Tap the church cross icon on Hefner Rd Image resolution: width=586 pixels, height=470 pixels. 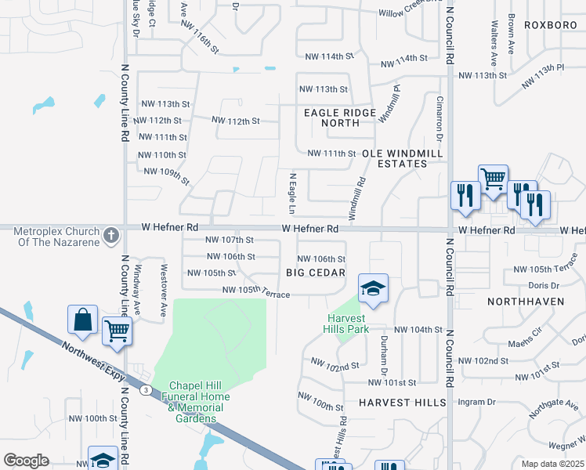[111, 233]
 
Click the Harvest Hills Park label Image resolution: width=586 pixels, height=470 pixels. [348, 324]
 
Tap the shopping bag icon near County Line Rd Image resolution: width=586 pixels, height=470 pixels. [82, 320]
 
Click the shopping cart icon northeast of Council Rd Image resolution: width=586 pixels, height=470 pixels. [493, 179]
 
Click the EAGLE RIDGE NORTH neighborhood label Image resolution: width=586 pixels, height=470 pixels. [340, 118]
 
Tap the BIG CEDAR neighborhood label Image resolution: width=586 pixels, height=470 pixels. [316, 273]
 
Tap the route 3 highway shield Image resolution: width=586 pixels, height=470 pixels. [145, 389]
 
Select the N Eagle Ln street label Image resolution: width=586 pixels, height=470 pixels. [291, 194]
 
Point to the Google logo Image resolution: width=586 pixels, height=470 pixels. [26, 461]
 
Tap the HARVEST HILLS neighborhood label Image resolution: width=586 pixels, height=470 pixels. [402, 403]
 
